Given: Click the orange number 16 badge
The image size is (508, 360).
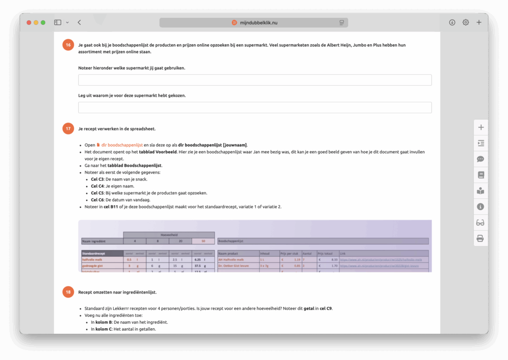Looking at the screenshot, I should pos(68,45).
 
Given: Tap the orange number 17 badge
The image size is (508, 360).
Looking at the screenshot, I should pos(68,129).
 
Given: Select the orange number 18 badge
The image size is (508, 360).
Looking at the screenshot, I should pos(68,292).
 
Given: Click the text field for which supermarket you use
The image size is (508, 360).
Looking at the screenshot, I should pos(254,80).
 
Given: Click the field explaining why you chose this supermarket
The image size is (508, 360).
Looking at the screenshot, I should pos(254,108).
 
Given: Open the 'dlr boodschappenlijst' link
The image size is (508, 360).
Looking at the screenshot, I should pos(122,145).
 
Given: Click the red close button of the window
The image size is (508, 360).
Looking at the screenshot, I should pos(29,22).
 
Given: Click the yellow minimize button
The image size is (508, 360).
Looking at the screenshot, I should pos(36,22).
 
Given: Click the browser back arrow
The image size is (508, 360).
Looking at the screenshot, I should pos(79,22).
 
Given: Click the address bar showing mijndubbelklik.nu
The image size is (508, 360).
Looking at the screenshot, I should pos(254,23).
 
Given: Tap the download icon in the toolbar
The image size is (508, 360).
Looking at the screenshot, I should pos(452,22).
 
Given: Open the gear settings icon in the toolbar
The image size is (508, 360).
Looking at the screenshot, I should pos(465,22).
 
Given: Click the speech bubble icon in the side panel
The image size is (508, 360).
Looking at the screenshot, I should pos(480,159).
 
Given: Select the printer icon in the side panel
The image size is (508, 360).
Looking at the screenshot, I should pos(480,239).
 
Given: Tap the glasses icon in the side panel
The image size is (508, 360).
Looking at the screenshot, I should pos(480,223).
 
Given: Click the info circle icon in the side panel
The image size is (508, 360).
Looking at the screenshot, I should pos(480,207).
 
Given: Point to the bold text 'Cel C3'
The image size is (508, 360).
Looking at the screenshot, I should pos(97,180).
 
